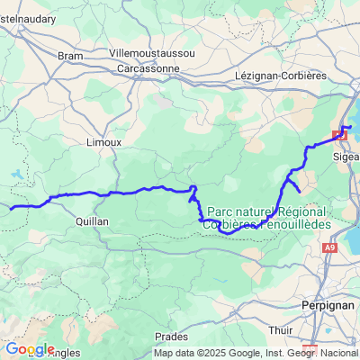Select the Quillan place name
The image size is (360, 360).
(x=91, y=220)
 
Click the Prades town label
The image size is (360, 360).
(x=171, y=336)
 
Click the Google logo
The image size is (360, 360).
(x=30, y=349)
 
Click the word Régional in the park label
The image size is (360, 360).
(x=303, y=210)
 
